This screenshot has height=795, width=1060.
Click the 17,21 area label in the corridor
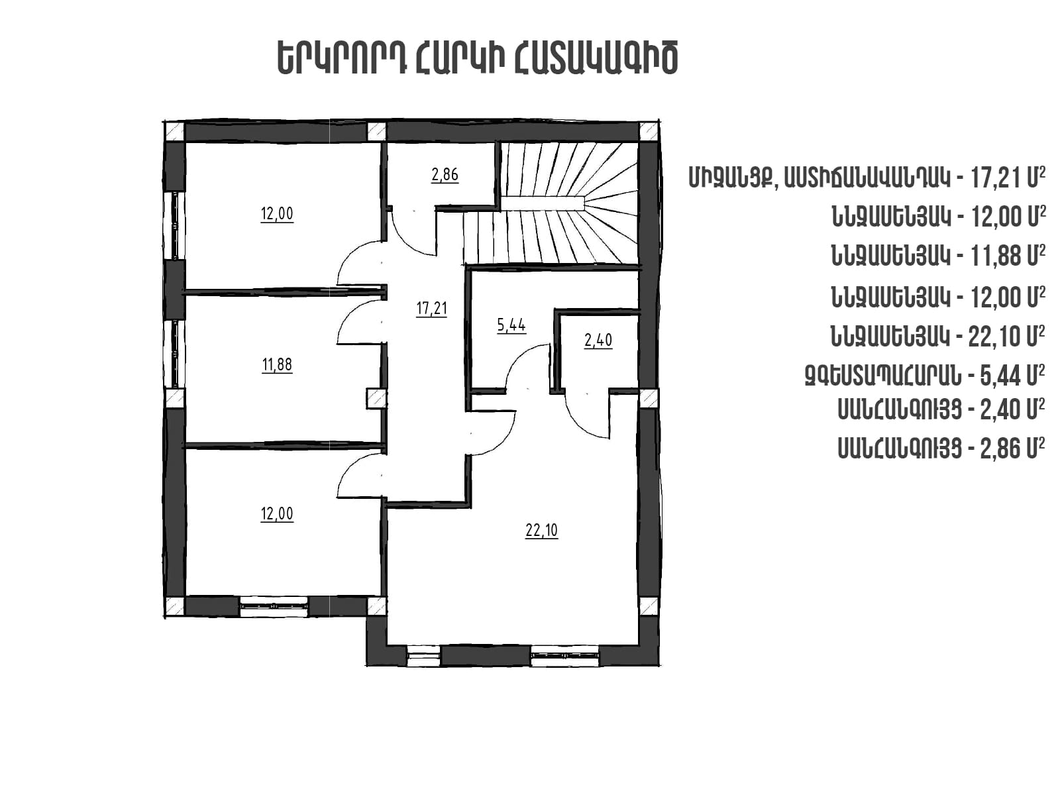click(x=432, y=308)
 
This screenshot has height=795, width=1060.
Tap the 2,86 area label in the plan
click(x=445, y=174)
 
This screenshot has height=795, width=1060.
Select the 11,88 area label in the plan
click(x=277, y=364)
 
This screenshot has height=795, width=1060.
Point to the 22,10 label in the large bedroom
click(x=541, y=531)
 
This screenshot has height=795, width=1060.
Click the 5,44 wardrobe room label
click(x=511, y=325)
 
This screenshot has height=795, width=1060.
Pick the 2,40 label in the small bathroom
click(x=598, y=341)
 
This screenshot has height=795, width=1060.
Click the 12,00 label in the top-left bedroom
click(x=277, y=213)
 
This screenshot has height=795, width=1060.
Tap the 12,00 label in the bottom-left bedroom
click(x=277, y=513)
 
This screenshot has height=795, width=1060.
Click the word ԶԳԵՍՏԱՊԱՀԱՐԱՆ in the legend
click(x=882, y=376)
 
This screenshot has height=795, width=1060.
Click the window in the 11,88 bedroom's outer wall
click(x=174, y=354)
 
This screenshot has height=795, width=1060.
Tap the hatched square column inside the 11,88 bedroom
click(x=376, y=399)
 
